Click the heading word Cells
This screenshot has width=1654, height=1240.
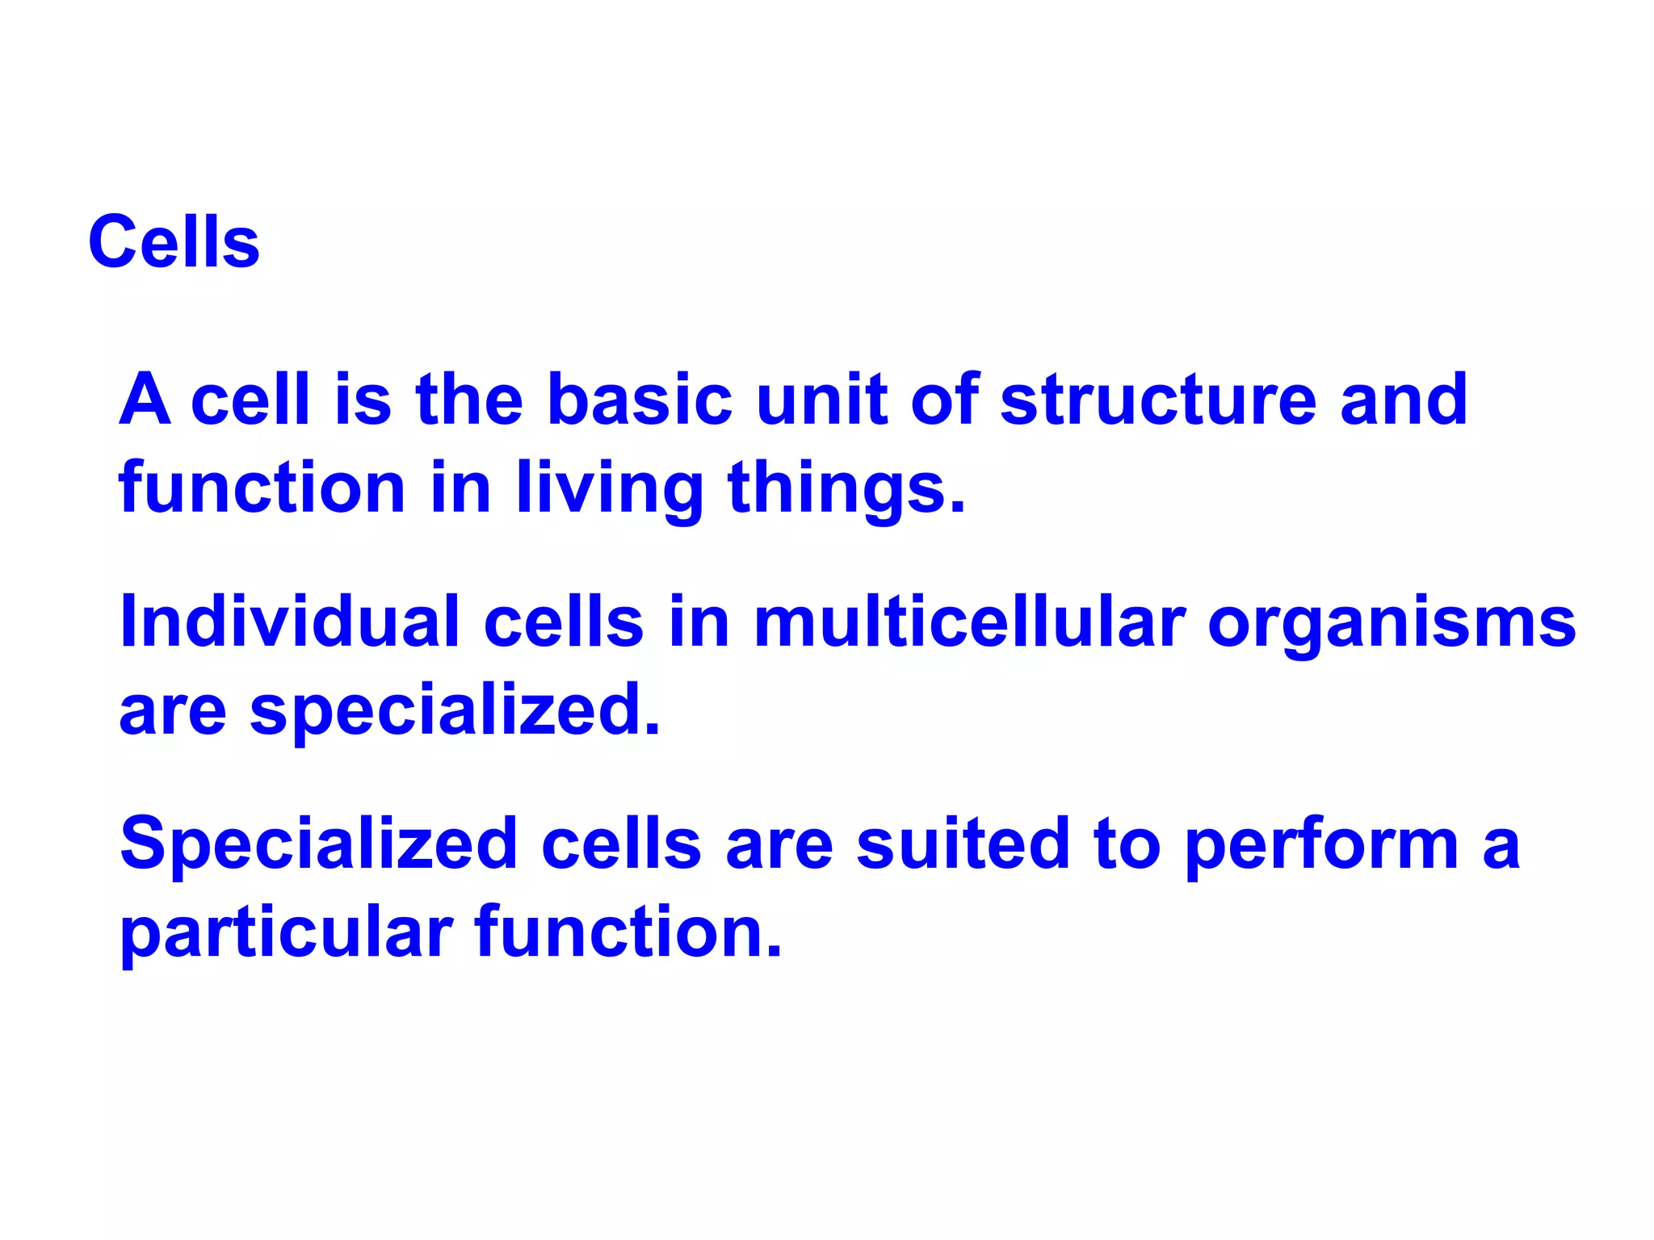(x=174, y=242)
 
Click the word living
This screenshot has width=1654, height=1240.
(x=610, y=491)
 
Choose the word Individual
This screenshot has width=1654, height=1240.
(x=290, y=622)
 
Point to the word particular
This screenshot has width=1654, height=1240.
(x=287, y=935)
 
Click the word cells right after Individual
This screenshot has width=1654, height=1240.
(x=564, y=622)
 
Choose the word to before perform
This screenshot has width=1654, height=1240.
(x=1127, y=844)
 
